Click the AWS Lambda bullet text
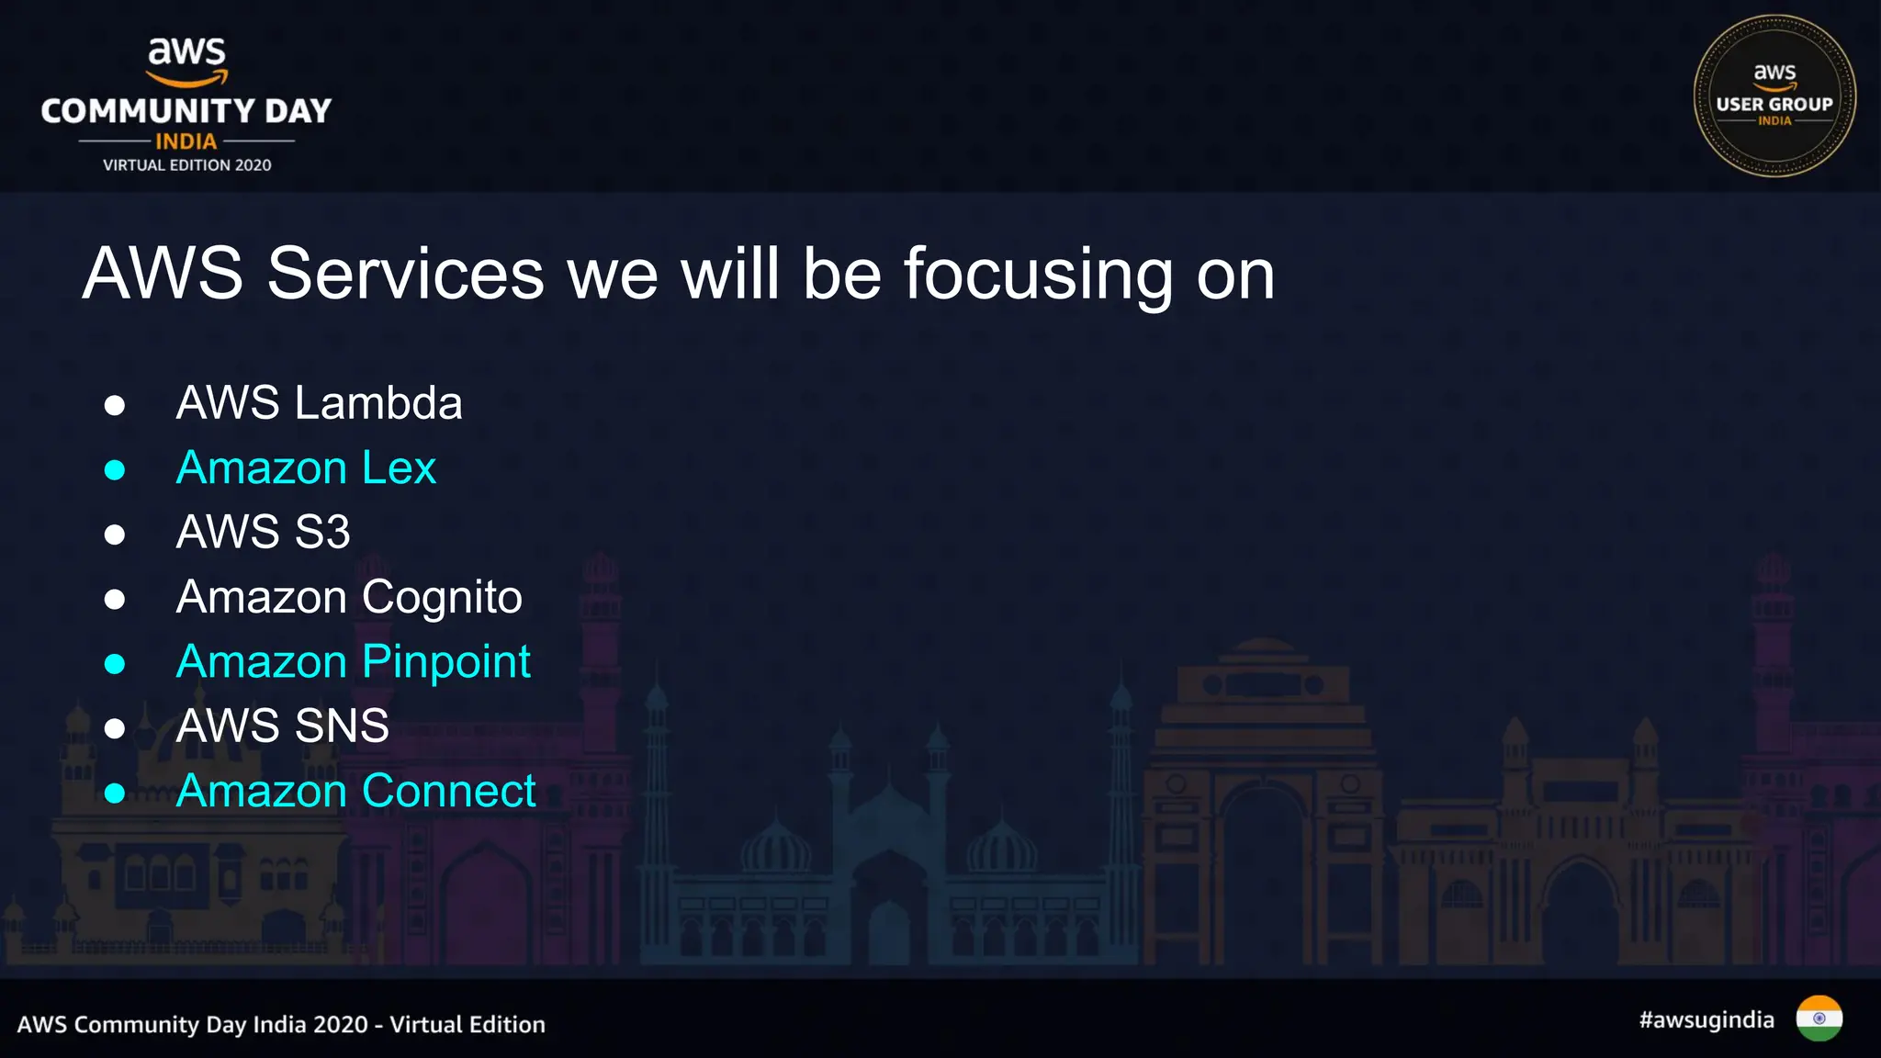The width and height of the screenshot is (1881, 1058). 319,403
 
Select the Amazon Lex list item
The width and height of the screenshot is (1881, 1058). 306,468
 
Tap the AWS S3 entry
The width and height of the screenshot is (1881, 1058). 263,533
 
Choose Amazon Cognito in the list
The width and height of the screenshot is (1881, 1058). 349,598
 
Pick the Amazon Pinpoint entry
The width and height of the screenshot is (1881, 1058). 353,662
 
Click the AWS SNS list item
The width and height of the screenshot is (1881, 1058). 282,726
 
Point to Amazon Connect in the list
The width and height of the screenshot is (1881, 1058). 355,792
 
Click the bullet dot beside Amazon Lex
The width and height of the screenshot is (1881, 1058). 115,470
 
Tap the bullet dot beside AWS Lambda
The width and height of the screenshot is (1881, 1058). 115,405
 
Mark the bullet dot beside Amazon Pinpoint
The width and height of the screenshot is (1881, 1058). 115,664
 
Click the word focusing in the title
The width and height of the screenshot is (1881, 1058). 1038,275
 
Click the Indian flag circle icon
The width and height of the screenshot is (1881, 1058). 1819,1019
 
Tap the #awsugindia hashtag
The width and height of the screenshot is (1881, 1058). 1706,1020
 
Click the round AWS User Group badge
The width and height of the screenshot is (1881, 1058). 1774,96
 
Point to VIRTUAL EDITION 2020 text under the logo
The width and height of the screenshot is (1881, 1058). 186,165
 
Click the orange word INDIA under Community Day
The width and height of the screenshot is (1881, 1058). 186,141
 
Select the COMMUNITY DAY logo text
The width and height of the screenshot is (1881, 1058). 186,111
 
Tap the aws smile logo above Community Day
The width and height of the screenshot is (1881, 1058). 187,61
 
